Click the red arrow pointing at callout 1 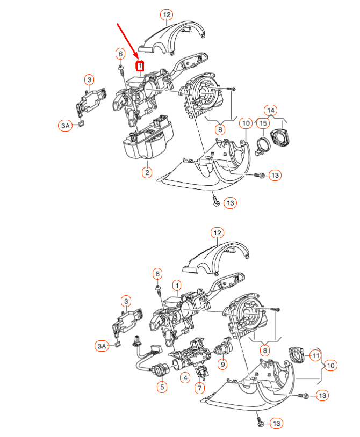[128, 41]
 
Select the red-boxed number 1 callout [140, 66]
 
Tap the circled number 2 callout [146, 172]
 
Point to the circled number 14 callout [271, 111]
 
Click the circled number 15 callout [262, 124]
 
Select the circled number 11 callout [315, 355]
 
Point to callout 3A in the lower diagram [102, 346]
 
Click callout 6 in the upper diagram [120, 54]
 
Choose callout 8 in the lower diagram [264, 351]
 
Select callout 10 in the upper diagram [246, 123]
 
